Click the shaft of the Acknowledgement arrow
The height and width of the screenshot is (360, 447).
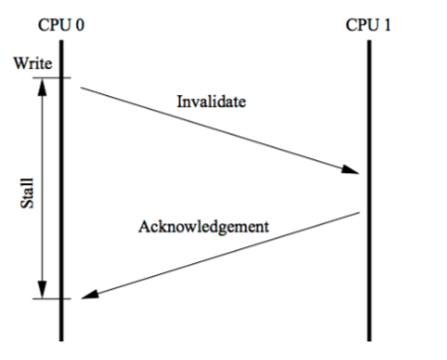(218, 254)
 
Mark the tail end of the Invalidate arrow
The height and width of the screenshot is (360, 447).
(82, 89)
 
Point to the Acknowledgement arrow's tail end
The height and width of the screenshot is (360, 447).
(357, 213)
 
